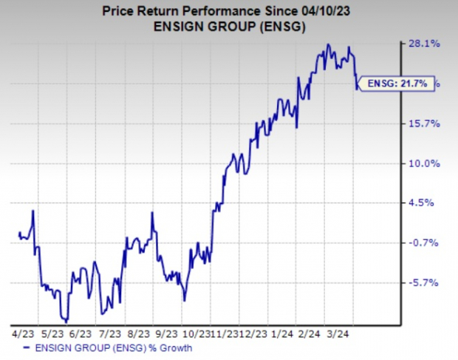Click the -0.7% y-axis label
(426, 242)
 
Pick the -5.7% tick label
(426, 282)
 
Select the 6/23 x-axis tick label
(79, 333)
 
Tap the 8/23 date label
(138, 333)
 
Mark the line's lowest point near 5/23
(66, 322)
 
